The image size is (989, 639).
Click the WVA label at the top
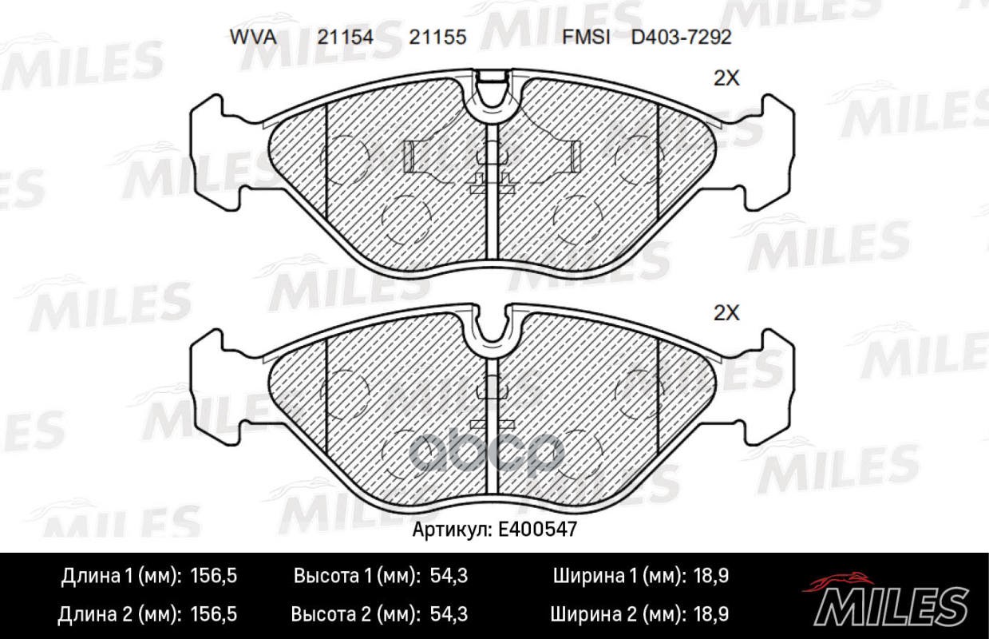253,37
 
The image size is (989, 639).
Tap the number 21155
437,37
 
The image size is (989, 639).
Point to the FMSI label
586,37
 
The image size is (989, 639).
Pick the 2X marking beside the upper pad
726,78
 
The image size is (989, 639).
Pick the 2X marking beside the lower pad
726,313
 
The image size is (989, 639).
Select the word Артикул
450,529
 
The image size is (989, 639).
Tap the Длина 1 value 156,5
216,576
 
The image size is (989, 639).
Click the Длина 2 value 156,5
216,614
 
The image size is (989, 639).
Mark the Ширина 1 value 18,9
710,576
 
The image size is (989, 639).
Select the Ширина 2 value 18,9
710,614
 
